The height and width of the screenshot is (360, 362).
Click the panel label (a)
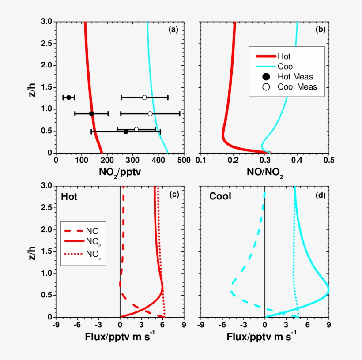coord(173,30)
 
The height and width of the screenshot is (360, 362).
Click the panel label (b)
coord(321,30)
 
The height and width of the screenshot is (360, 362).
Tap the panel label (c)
coord(173,195)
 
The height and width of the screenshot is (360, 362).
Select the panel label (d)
coord(321,195)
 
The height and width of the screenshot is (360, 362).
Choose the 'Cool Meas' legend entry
coord(297,87)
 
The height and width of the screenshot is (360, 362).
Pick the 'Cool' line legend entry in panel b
coord(286,67)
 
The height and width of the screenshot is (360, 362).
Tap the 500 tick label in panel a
coord(184,161)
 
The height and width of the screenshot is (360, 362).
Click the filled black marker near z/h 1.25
coord(68,97)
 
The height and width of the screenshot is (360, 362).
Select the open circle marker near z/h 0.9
coord(150,114)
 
